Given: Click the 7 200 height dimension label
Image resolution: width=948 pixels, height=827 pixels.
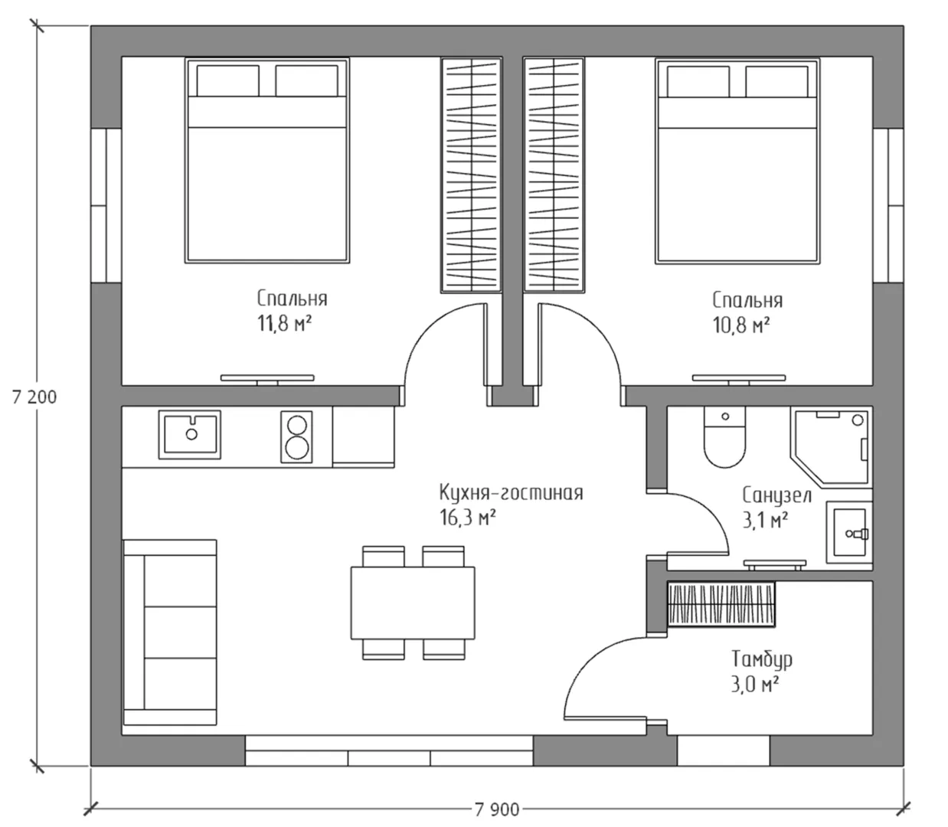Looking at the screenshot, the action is click(34, 397).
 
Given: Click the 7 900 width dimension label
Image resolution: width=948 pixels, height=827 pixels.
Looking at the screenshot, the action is click(497, 810).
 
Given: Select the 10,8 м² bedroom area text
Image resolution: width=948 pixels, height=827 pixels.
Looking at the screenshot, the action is click(741, 325).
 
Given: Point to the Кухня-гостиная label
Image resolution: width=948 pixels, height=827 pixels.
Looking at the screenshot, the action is click(511, 493).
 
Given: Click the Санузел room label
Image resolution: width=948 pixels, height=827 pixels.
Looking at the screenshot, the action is click(777, 495).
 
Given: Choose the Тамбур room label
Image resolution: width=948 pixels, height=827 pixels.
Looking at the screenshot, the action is click(762, 659).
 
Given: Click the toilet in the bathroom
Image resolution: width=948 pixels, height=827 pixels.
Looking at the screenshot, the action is click(725, 437).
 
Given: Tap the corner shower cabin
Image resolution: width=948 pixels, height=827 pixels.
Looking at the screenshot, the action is click(832, 447).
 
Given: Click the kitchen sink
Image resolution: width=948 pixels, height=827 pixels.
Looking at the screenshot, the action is click(189, 435).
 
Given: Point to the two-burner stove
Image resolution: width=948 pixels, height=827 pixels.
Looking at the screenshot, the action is click(296, 437).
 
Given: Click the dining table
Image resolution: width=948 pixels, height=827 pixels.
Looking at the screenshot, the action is click(413, 603).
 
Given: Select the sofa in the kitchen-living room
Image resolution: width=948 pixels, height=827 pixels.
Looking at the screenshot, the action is click(170, 632).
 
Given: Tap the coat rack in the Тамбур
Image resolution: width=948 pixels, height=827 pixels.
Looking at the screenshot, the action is click(721, 604).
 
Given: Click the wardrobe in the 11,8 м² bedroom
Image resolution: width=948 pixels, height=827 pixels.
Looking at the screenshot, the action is click(471, 175).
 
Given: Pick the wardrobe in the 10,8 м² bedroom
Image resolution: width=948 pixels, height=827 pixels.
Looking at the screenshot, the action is click(554, 175).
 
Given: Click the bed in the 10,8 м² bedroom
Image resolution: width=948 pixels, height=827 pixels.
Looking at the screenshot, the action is click(737, 161).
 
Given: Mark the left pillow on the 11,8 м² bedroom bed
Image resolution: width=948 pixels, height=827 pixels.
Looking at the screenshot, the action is click(228, 80).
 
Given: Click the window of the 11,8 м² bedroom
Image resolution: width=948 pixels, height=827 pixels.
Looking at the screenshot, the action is click(106, 205).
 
